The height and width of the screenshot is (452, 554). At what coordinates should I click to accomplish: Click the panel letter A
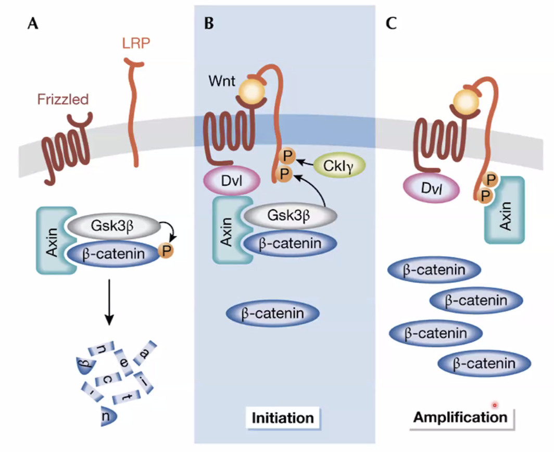tap(32, 24)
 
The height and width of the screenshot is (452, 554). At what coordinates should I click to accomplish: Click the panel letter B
tap(209, 24)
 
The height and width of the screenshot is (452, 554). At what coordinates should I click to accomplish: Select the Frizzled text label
tap(62, 99)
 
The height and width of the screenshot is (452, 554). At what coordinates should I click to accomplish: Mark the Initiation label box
tap(283, 418)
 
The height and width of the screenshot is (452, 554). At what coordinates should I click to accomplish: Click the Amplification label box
tap(461, 417)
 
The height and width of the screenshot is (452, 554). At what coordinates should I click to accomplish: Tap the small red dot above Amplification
tap(495, 405)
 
